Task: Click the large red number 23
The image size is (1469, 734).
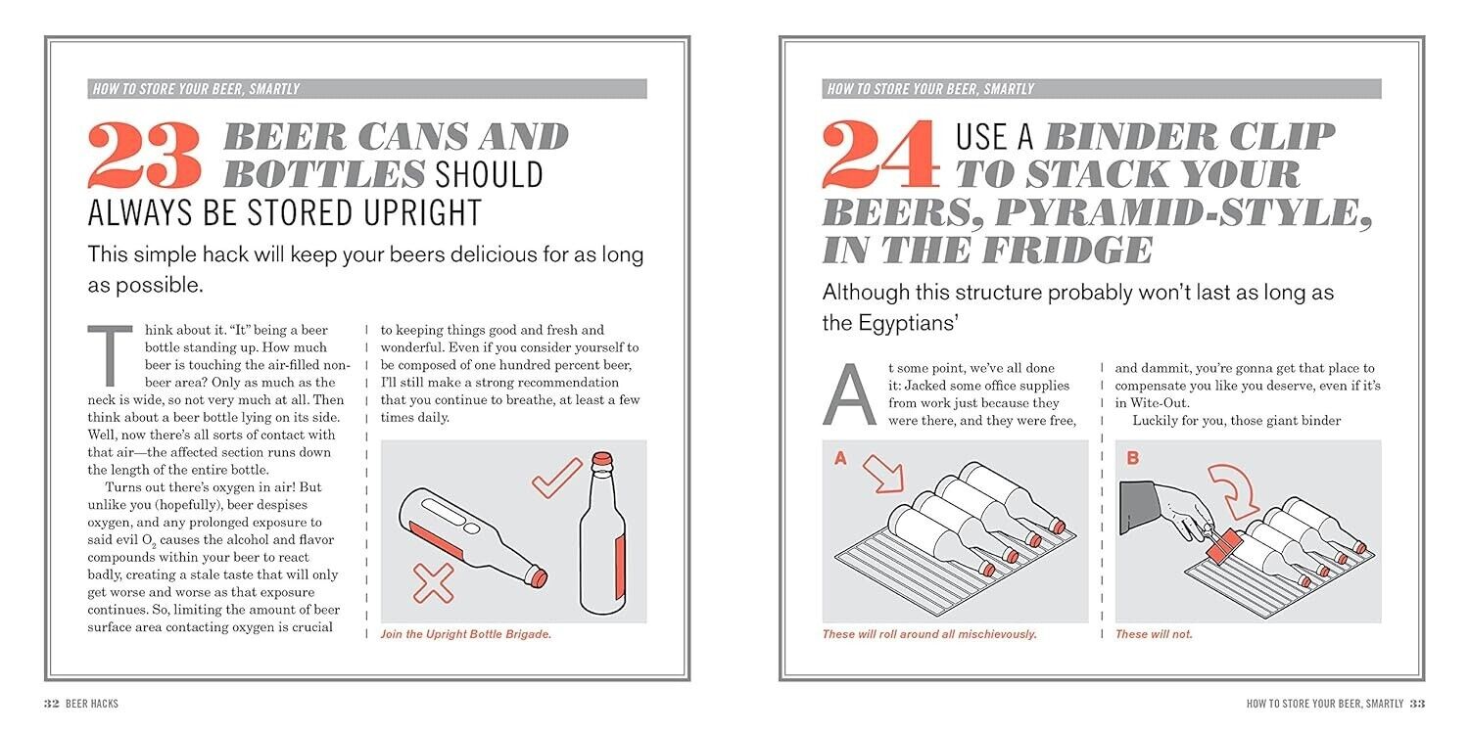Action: [x=144, y=155]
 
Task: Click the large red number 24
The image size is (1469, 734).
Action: [x=880, y=155]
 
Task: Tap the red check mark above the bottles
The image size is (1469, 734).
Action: [x=557, y=478]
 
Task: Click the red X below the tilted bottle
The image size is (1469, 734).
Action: [x=434, y=583]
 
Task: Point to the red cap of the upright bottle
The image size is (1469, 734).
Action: [x=602, y=458]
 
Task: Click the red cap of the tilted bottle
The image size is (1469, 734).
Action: [x=539, y=577]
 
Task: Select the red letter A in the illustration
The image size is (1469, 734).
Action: [x=840, y=458]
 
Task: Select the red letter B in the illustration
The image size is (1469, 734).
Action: [x=1132, y=458]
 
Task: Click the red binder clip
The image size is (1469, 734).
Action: [x=1224, y=546]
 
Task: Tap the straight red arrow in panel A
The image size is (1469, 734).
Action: [x=883, y=474]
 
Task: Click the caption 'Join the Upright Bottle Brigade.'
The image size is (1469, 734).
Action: [x=465, y=634]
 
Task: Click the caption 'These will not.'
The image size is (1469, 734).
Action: [x=1154, y=634]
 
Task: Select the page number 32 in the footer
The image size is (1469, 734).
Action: [x=52, y=704]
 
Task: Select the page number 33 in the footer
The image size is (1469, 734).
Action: [x=1417, y=704]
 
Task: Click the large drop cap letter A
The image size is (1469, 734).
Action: [x=849, y=394]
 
